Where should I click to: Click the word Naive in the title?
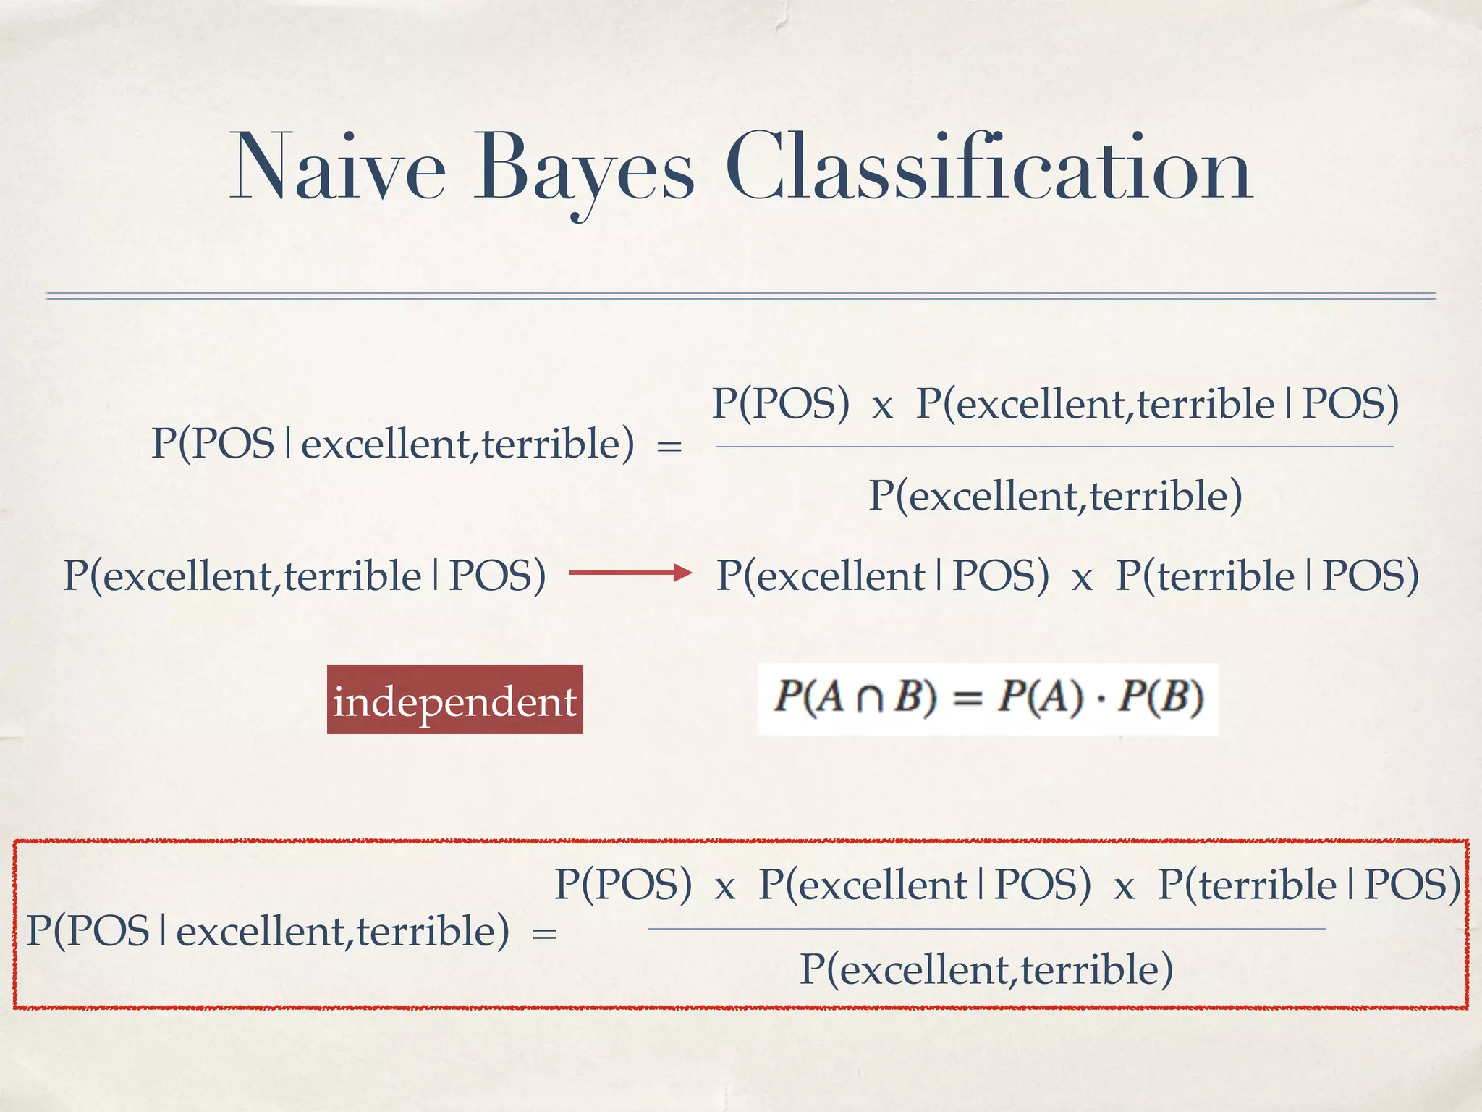[x=337, y=168]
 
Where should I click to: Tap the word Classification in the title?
[x=988, y=168]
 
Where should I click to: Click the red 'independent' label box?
[x=454, y=700]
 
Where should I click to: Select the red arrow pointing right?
[x=630, y=573]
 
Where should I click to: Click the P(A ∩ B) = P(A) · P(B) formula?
[x=988, y=698]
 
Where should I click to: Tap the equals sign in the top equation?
[x=669, y=447]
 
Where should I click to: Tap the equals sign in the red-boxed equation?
[x=544, y=933]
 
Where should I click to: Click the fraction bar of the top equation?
[x=1054, y=447]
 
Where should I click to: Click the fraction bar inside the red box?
[x=986, y=929]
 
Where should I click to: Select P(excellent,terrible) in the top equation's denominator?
[x=1055, y=496]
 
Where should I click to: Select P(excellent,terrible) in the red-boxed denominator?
[x=986, y=969]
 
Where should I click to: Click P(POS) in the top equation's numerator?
[x=780, y=403]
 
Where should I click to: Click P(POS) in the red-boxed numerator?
[x=623, y=884]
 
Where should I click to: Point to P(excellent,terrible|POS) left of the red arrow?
[x=304, y=576]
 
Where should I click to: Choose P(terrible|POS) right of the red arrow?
[x=1266, y=576]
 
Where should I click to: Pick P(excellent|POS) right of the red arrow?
[x=882, y=576]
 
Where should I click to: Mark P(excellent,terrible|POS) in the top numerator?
[x=1157, y=403]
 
